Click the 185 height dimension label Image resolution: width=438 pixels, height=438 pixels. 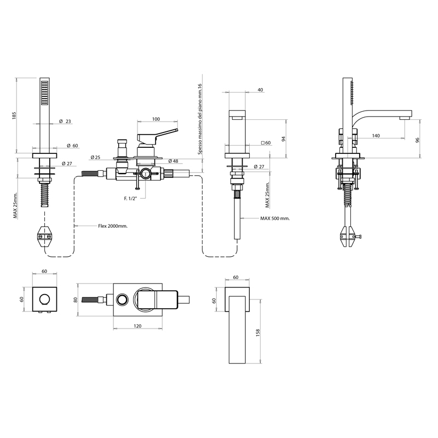click(15, 116)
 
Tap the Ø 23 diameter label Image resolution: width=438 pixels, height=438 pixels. click(65, 121)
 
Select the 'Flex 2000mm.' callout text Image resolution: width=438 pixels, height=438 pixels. click(113, 226)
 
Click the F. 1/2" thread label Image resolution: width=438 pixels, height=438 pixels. click(131, 198)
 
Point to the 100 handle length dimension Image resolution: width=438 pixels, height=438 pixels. click(156, 119)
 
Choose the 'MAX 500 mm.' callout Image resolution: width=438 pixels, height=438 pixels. click(275, 218)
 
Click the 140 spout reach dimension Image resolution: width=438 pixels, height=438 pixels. click(376, 135)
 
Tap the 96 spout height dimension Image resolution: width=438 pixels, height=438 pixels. click(418, 140)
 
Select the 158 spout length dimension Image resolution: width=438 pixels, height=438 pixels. click(257, 332)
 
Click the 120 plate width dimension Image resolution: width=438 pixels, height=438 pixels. click(137, 326)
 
